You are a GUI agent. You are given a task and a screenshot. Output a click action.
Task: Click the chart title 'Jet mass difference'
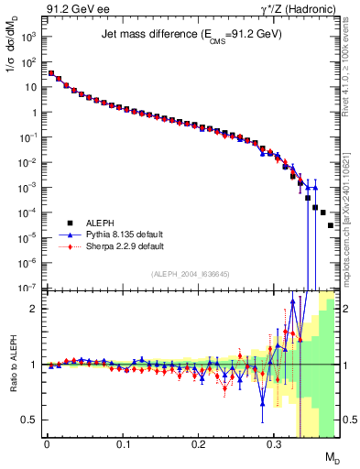pyautogui.click(x=191, y=34)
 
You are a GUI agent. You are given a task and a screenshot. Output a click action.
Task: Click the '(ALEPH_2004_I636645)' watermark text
pyautogui.click(x=191, y=274)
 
